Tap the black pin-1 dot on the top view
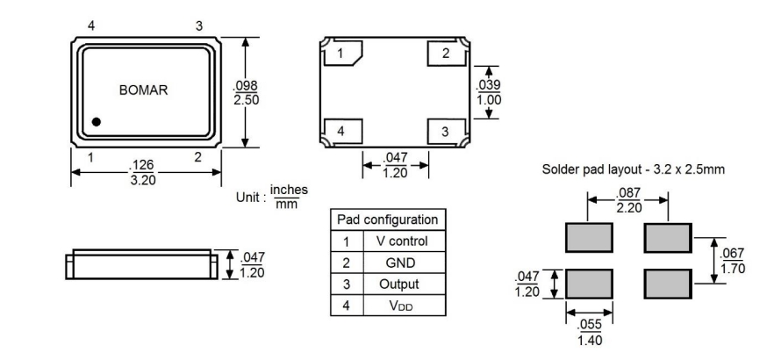click(x=97, y=122)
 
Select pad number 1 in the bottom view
click(x=340, y=54)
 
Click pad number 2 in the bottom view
click(x=446, y=54)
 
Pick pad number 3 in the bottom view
click(x=446, y=132)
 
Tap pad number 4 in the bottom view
click(x=340, y=132)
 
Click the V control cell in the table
click(x=402, y=241)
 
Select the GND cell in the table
click(x=402, y=263)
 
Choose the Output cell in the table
click(x=402, y=284)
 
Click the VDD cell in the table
click(x=402, y=306)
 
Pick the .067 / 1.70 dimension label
click(x=732, y=261)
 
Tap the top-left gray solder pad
click(x=588, y=238)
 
